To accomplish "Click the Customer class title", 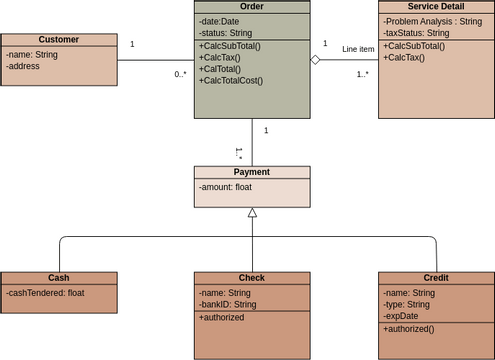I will point(59,40).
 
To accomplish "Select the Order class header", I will point(252,7).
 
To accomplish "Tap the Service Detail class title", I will point(436,7).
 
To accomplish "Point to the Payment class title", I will point(252,172).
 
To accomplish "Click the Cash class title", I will point(59,278).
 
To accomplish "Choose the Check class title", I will point(252,278).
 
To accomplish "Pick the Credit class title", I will point(436,278).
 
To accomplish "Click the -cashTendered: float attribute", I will point(48,293).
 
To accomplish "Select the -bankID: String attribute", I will point(228,304).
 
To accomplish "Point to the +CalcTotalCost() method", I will point(231,80).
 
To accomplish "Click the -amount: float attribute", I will point(225,187).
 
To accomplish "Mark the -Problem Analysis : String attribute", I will point(432,21).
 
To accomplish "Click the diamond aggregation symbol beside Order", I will point(316,60).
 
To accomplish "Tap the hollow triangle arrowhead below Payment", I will point(252,213).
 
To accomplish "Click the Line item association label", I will point(358,49).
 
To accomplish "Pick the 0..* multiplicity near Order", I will point(181,74).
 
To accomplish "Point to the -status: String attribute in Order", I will point(226,33).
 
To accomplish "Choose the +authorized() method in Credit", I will point(409,328).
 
